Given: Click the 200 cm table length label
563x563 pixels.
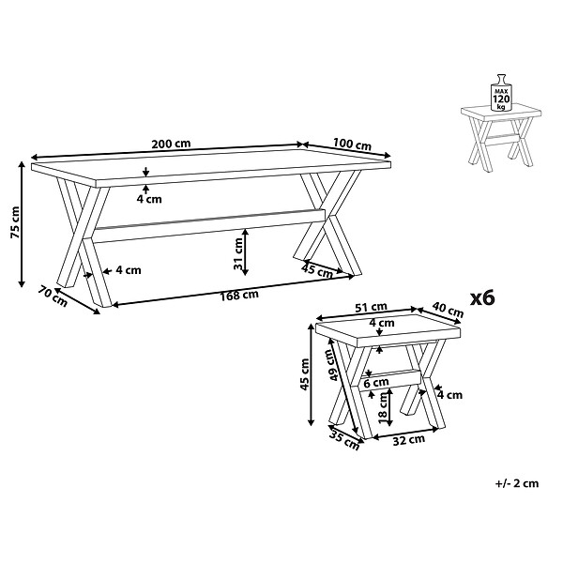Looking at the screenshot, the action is [171, 144].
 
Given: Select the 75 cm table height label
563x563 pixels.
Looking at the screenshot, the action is [16, 222].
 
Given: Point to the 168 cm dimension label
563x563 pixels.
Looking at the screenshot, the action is [239, 296].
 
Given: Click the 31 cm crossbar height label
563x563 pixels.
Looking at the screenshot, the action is [238, 253].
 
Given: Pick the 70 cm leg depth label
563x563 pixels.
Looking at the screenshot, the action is [53, 297].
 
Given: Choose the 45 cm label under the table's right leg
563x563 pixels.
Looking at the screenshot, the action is [317, 270].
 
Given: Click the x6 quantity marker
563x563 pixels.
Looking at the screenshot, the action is [482, 298].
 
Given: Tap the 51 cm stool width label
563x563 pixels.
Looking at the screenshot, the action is [371, 307].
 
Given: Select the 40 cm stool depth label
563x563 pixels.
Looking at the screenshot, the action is [448, 310].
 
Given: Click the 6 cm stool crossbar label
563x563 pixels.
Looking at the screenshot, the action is [376, 383].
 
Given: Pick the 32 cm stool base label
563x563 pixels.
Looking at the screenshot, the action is [408, 440].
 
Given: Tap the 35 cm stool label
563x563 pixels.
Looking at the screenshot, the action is [344, 441].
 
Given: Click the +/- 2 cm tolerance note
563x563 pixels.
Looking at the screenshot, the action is [517, 483].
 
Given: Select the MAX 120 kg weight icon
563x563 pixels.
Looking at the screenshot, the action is [501, 93].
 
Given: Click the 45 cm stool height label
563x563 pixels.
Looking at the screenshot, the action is [304, 374].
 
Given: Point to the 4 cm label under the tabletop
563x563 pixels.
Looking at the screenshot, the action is [149, 199].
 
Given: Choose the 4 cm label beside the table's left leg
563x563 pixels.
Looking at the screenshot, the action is [129, 270].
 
